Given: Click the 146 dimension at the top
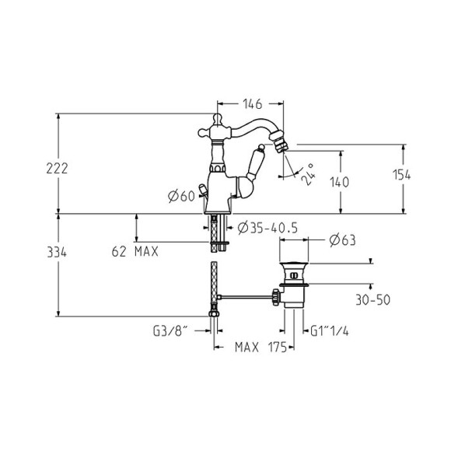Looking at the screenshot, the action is click(x=253, y=104).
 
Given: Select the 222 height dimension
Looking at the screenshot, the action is click(x=57, y=169).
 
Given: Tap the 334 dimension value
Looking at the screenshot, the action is click(x=57, y=252).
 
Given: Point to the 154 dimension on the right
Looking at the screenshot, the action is click(x=401, y=175).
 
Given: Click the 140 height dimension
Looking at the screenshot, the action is click(x=339, y=183).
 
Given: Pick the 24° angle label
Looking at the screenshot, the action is click(x=307, y=174).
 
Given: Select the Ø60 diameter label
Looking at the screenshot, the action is click(x=181, y=197).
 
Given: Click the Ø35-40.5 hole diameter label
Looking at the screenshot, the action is click(x=267, y=229).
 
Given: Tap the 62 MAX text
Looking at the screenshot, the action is click(x=135, y=252).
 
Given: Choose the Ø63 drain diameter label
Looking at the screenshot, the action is click(x=343, y=240).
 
